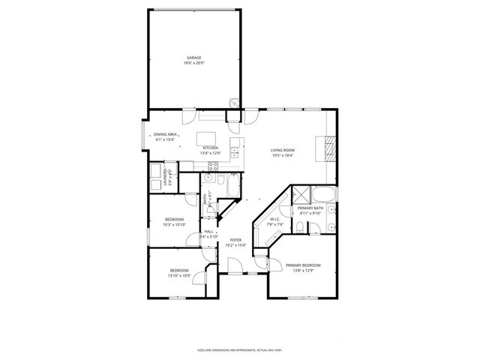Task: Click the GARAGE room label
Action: click(x=194, y=58)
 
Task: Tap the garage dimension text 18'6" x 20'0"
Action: click(x=194, y=63)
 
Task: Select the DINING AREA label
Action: click(x=166, y=134)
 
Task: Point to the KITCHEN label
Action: click(x=211, y=148)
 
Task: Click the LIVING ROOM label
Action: click(x=282, y=151)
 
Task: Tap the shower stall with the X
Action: click(x=301, y=192)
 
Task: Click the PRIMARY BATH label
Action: click(x=310, y=208)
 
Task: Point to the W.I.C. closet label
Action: click(x=275, y=220)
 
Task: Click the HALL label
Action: click(x=208, y=232)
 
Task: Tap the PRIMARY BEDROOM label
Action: click(x=303, y=265)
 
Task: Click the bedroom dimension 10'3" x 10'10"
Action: click(x=174, y=224)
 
